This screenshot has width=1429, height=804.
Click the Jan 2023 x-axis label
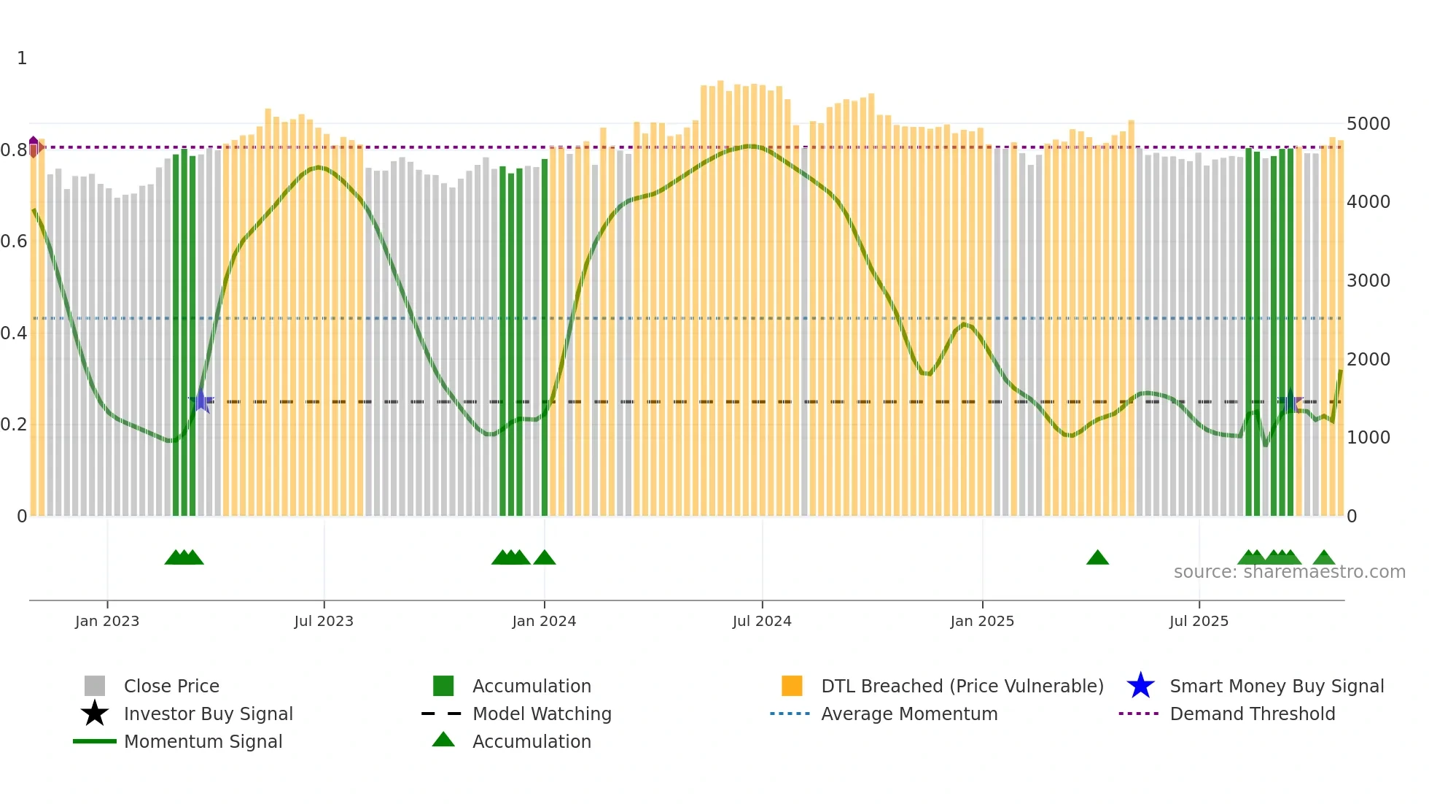pyautogui.click(x=106, y=621)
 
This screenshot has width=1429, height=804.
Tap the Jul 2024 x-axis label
pyautogui.click(x=762, y=621)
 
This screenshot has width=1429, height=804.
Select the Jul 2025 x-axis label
pyautogui.click(x=1199, y=621)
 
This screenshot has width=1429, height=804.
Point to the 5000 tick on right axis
pyautogui.click(x=1368, y=123)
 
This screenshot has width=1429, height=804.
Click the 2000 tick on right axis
pyautogui.click(x=1368, y=359)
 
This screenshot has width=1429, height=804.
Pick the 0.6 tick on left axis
pyautogui.click(x=14, y=241)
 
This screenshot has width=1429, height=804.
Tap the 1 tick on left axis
pyautogui.click(x=22, y=58)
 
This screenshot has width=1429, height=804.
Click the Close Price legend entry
pyautogui.click(x=171, y=686)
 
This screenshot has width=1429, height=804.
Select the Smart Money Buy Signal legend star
pyautogui.click(x=1140, y=686)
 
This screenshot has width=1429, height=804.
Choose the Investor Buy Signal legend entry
pyautogui.click(x=208, y=714)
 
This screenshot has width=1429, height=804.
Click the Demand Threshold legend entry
pyautogui.click(x=1252, y=714)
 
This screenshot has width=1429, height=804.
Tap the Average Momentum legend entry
pyautogui.click(x=908, y=714)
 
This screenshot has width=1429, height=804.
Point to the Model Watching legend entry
pyautogui.click(x=541, y=714)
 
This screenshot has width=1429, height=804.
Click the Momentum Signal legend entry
pyautogui.click(x=203, y=741)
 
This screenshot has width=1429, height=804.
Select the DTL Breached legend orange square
pyautogui.click(x=792, y=686)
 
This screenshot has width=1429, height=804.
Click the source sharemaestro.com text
pyautogui.click(x=1289, y=572)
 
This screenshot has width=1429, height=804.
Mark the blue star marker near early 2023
pyautogui.click(x=201, y=401)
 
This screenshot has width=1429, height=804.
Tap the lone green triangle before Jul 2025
pyautogui.click(x=1097, y=558)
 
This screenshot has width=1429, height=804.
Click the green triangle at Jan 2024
pyautogui.click(x=545, y=558)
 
